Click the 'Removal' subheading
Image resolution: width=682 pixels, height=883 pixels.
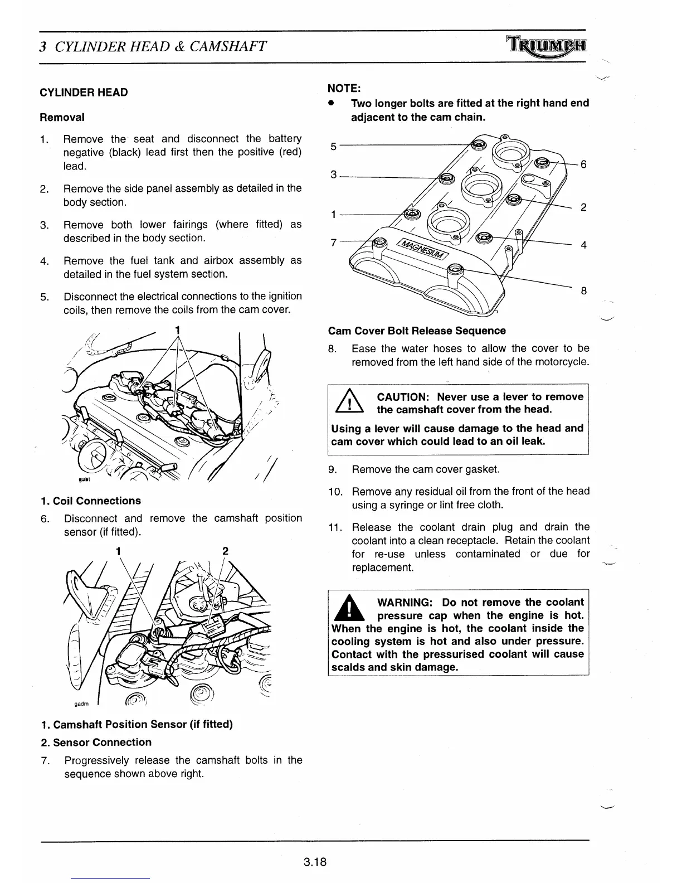coord(62,117)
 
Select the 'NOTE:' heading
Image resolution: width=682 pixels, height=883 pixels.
coord(344,88)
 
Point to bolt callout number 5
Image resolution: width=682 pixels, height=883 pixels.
coord(333,146)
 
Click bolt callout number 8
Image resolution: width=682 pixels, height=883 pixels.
coord(583,290)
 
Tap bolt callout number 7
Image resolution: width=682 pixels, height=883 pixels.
coord(333,242)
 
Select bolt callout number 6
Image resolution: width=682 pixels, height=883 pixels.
coord(583,164)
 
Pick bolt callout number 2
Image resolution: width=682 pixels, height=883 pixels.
coord(583,207)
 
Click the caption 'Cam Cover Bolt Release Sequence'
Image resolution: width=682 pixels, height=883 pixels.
coord(417,331)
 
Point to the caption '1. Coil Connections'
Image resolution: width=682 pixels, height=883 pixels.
coord(91,501)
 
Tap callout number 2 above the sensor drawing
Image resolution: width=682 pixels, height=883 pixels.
coord(225,551)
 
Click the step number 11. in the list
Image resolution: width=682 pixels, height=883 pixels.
coord(335,527)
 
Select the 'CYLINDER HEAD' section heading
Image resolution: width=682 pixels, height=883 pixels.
coord(84,93)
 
